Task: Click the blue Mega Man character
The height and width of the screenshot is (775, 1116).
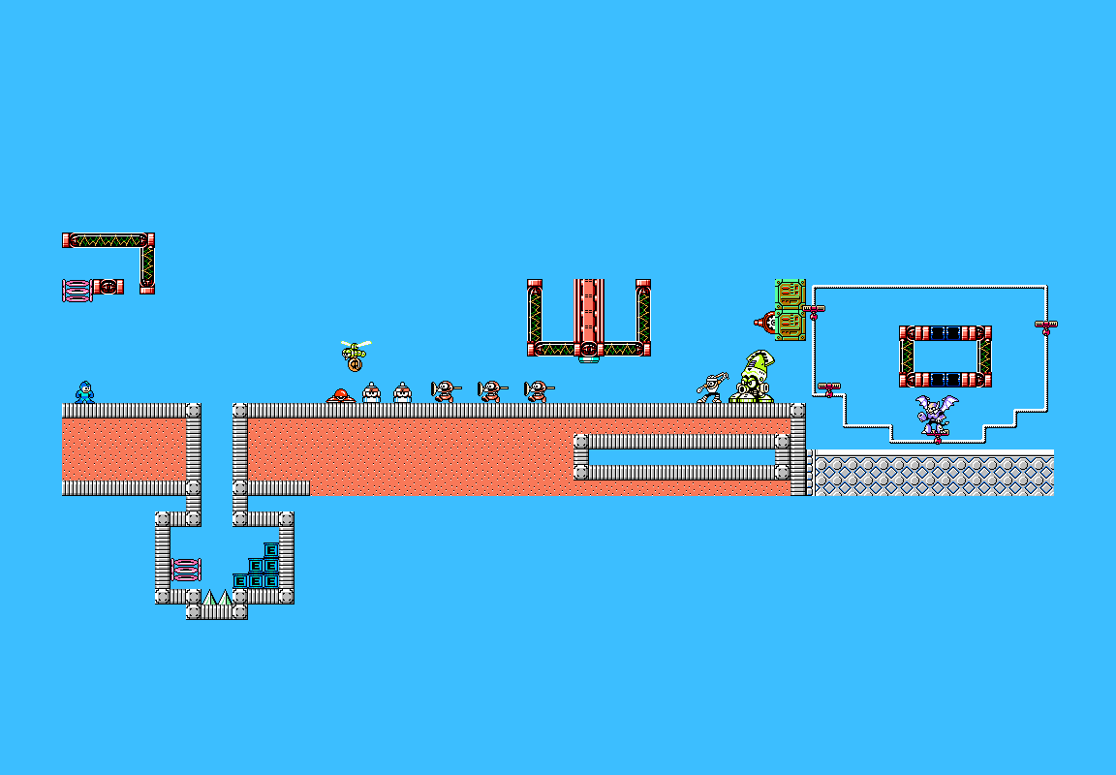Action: pos(84,392)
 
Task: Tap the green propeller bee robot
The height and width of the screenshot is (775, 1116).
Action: pos(356,351)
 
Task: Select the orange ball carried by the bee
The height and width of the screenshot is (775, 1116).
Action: pos(356,366)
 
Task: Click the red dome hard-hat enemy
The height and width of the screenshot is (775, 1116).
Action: pos(341,395)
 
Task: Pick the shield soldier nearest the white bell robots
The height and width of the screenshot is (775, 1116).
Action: pos(446,391)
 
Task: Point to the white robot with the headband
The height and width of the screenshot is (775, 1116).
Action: pos(712,387)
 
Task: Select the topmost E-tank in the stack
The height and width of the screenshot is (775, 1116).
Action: pos(271,550)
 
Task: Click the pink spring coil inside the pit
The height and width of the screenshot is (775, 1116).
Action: pos(186,570)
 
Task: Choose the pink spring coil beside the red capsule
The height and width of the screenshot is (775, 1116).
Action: pos(77,291)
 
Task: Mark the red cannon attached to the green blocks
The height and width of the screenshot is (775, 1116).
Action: pos(766,323)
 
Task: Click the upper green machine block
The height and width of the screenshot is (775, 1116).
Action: pos(790,294)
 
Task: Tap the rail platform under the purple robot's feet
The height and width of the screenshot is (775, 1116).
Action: pos(938,436)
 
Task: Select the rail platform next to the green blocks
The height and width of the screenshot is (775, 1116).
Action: pos(814,311)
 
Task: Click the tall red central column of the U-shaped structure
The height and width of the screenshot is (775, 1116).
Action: pos(589,318)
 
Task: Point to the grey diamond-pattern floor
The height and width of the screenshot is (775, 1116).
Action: pos(934,473)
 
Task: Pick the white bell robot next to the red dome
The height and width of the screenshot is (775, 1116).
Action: pos(372,393)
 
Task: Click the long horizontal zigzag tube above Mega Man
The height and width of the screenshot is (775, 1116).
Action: pos(108,240)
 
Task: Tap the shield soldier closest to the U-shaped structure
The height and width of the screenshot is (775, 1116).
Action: pos(539,391)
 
